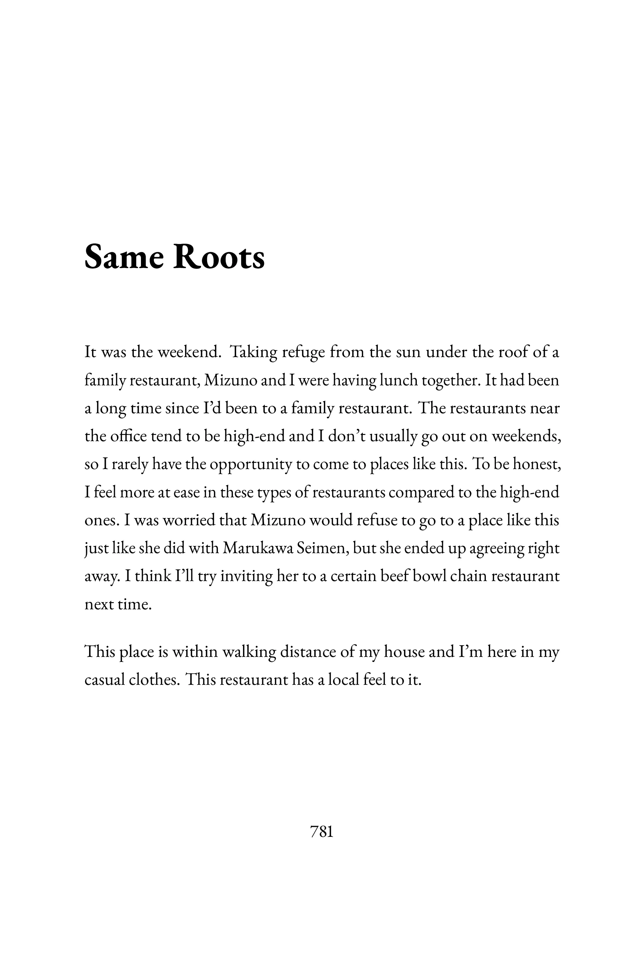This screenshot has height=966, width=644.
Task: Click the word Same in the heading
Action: pos(124,258)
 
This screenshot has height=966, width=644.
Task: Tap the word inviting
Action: pos(247,577)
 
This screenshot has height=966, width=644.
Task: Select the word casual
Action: pos(105,680)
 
